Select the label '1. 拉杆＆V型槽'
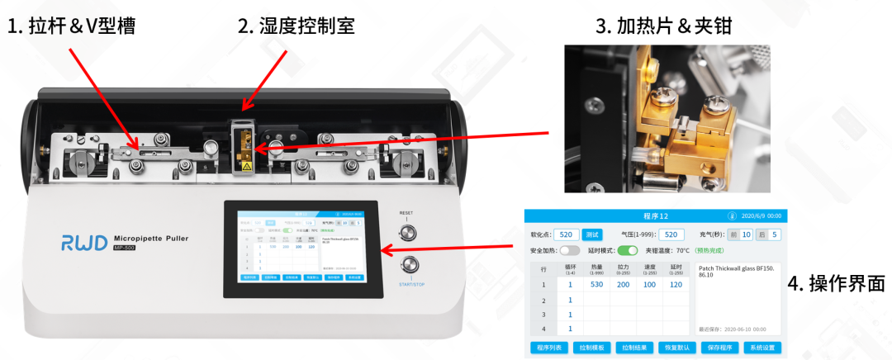pos(72,26)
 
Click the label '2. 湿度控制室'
pos(296,26)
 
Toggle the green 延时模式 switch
pos(629,250)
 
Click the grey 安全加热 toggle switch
pos(570,250)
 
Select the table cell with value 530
pos(596,284)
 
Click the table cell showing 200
pos(623,284)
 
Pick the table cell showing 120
pos(676,284)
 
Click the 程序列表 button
pos(548,348)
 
